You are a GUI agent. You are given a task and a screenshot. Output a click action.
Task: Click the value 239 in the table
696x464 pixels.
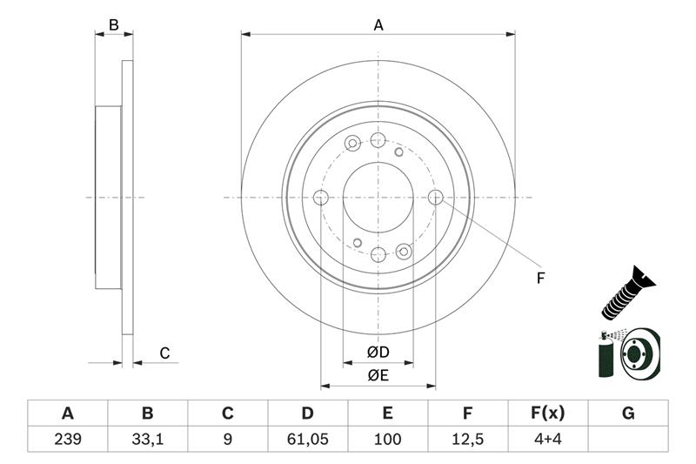[68, 438]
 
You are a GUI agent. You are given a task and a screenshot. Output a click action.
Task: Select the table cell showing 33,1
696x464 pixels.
[148, 438]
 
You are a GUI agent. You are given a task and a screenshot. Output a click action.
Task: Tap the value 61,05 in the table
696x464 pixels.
[307, 438]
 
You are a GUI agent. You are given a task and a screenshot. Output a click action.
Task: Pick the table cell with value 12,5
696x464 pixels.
[468, 438]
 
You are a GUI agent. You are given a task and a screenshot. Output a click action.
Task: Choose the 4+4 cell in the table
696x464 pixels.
[548, 438]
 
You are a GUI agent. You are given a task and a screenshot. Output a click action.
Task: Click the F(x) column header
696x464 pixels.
[548, 413]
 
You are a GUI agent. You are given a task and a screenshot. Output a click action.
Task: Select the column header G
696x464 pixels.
[628, 413]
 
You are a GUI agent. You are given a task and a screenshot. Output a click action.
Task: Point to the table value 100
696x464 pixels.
[388, 438]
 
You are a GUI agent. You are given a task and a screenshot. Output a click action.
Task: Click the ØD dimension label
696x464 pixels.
[377, 353]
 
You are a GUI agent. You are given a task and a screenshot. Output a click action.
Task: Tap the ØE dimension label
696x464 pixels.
[377, 375]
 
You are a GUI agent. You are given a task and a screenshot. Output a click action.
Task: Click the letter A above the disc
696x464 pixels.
[378, 25]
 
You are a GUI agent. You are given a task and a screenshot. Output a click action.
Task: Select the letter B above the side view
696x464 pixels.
[114, 25]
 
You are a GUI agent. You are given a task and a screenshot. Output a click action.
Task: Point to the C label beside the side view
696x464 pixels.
[164, 353]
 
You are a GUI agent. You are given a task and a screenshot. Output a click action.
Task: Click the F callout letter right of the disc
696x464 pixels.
[539, 279]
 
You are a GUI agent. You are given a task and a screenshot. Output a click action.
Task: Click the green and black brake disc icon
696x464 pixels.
[630, 353]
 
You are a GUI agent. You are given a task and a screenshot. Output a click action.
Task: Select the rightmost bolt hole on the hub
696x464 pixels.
[436, 198]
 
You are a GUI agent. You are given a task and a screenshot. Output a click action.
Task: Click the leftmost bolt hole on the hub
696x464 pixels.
[321, 198]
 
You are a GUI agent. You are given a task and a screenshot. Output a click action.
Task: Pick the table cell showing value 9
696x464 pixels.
[228, 438]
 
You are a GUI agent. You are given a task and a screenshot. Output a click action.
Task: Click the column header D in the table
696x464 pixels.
[307, 413]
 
